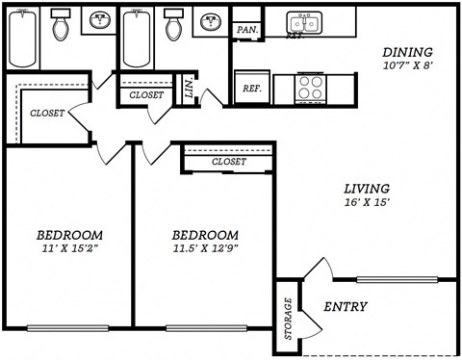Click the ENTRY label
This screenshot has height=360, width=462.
point(345,307)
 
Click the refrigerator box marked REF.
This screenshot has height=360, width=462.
point(252,88)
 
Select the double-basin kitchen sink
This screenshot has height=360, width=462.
point(307,21)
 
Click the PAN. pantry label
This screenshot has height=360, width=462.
point(246,30)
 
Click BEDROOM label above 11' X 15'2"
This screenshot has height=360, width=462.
point(69,235)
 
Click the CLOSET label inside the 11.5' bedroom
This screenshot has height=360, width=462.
point(228,162)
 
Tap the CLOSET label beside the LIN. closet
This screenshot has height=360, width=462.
point(145,95)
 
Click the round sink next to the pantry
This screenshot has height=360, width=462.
point(210,22)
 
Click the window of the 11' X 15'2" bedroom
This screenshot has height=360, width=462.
point(67,327)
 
